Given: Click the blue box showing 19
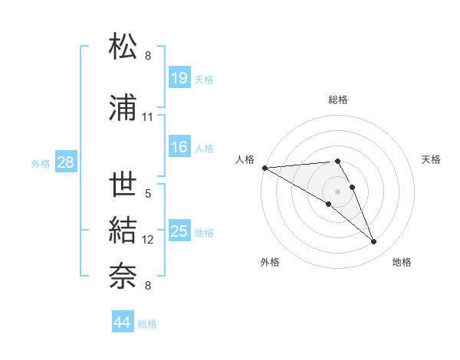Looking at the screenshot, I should coord(179,77).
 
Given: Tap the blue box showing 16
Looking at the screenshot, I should coord(179,147).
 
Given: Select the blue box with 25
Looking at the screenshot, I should coord(179,231).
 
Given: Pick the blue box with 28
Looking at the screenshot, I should coord(65,162).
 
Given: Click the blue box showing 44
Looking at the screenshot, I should coord(123,322).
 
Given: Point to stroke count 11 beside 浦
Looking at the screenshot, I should coord(148,117).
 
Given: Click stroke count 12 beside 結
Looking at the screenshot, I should coord(148,240).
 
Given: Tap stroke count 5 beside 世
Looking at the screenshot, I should coord(148,194).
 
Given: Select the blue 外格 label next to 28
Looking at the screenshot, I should coord(41,163).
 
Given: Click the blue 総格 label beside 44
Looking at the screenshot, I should coord(147,324).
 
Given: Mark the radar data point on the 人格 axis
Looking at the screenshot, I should coord(264,168).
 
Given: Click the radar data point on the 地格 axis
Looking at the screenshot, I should coord(373,242).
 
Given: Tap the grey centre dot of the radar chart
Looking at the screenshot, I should coord(337,190).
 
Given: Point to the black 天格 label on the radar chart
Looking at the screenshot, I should coord(432,159).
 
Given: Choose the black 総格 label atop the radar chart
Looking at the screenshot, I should coord(337,100).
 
